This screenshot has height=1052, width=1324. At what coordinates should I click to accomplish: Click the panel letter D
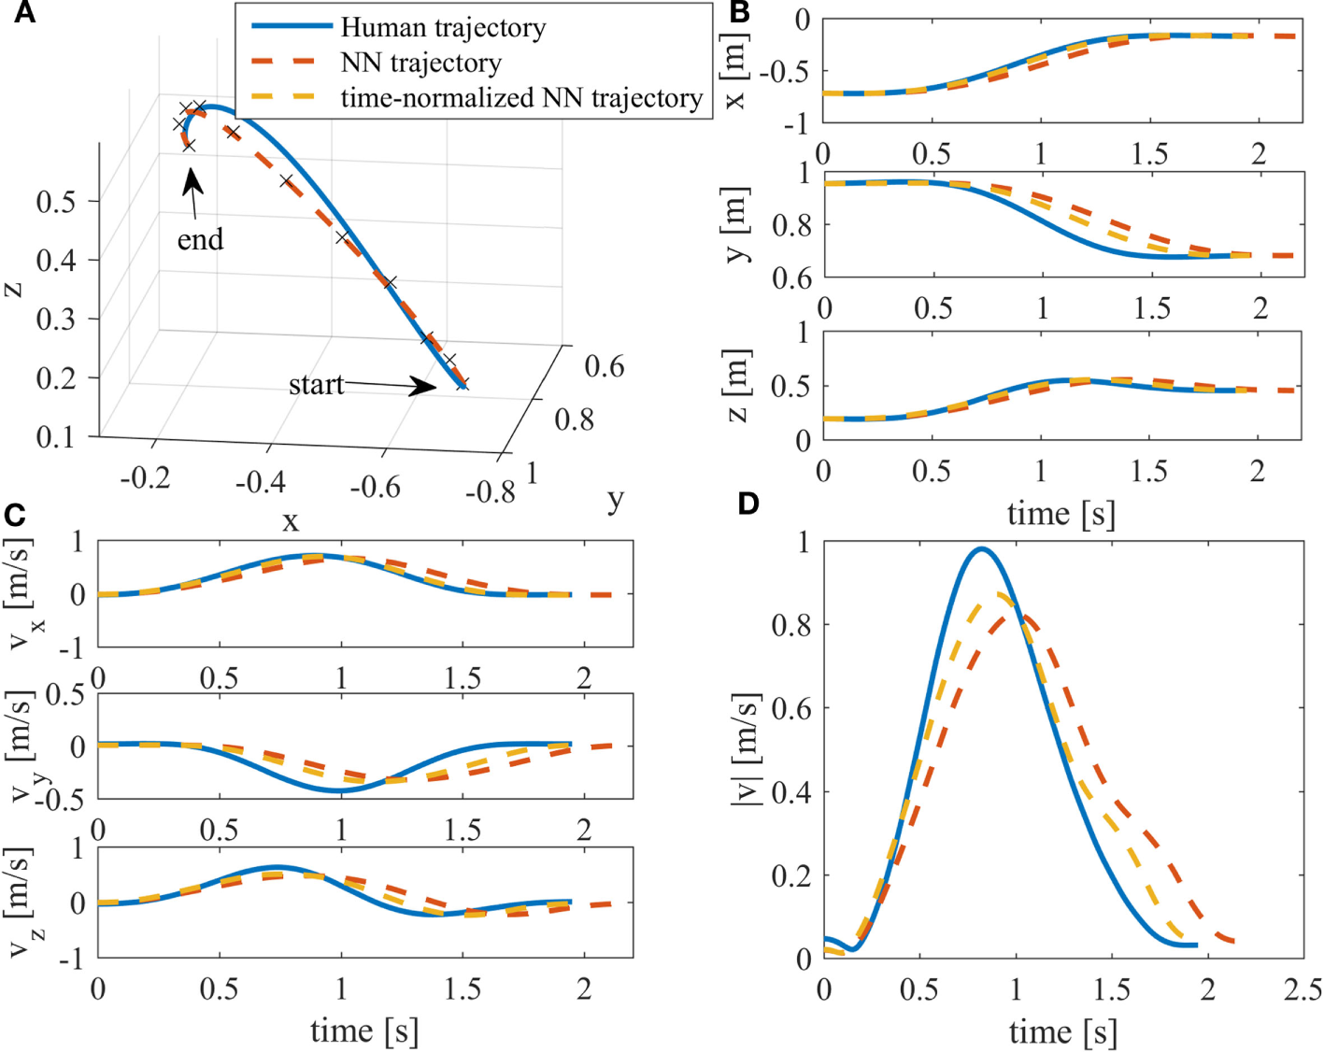pos(748,504)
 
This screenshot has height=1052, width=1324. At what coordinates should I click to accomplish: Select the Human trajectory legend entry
pos(443,28)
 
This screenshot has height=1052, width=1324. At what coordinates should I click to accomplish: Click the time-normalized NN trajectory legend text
pos(520,98)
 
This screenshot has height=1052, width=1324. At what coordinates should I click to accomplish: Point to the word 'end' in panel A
pos(200,240)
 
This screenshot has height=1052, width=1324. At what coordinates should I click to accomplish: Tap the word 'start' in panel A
pos(316,384)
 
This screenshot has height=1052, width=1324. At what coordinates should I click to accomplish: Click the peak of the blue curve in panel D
pos(981,549)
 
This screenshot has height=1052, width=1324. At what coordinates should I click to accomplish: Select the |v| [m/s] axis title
pos(745,749)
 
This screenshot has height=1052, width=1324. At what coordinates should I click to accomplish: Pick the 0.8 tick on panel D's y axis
pos(790,624)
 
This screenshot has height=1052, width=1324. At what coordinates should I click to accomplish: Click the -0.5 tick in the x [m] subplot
pos(786,72)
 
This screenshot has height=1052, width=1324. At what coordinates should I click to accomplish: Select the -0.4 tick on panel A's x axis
pos(260,483)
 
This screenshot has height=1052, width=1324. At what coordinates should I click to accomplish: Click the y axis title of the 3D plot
pos(614,501)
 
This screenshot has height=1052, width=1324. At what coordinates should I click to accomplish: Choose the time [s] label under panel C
pos(364,1031)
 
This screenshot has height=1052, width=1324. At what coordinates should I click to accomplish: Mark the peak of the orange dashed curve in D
pos(1024,616)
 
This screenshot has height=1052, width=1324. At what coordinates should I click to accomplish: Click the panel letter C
pos(14,516)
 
